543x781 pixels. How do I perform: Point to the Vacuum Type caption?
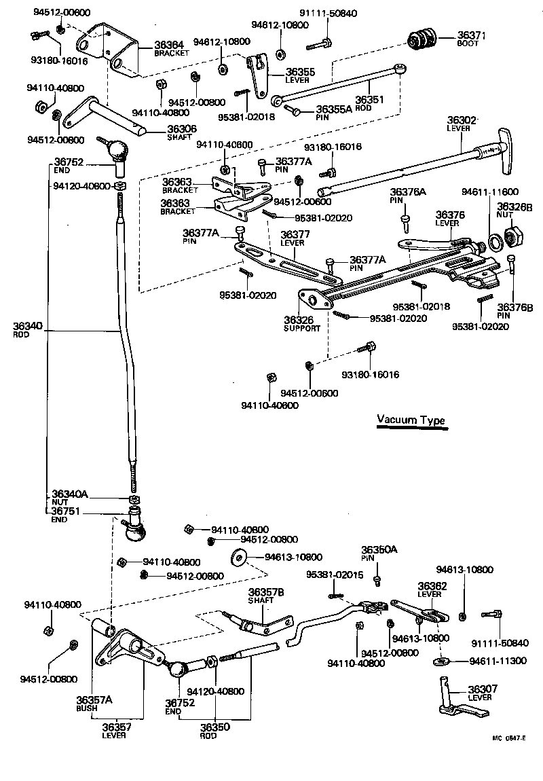point(411,420)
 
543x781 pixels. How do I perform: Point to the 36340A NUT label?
point(70,497)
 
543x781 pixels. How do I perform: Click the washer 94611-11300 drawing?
point(442,661)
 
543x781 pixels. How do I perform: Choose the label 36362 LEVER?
point(431,589)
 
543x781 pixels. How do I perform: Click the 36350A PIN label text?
point(380,553)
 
